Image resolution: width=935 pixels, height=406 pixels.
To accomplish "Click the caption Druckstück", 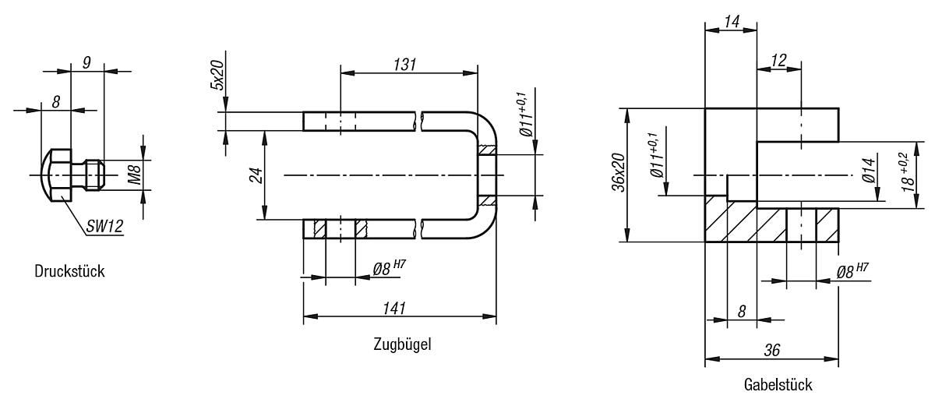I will tap(69, 272).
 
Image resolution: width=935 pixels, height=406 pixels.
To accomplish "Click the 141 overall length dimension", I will tap(399, 307).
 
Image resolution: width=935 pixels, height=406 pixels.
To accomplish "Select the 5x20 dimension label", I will tap(217, 75).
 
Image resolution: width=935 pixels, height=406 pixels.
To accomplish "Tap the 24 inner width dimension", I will tap(255, 176).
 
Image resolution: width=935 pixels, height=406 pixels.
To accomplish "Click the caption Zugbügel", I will tap(401, 344).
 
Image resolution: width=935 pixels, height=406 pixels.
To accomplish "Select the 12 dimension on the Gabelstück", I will tap(778, 59).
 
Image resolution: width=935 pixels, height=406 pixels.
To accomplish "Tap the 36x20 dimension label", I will tap(618, 172).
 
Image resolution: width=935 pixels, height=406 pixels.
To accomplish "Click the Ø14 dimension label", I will tap(870, 176).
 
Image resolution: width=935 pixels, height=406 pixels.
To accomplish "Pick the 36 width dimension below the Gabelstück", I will tap(771, 351).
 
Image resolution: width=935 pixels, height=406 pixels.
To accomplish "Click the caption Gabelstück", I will tap(778, 385).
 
